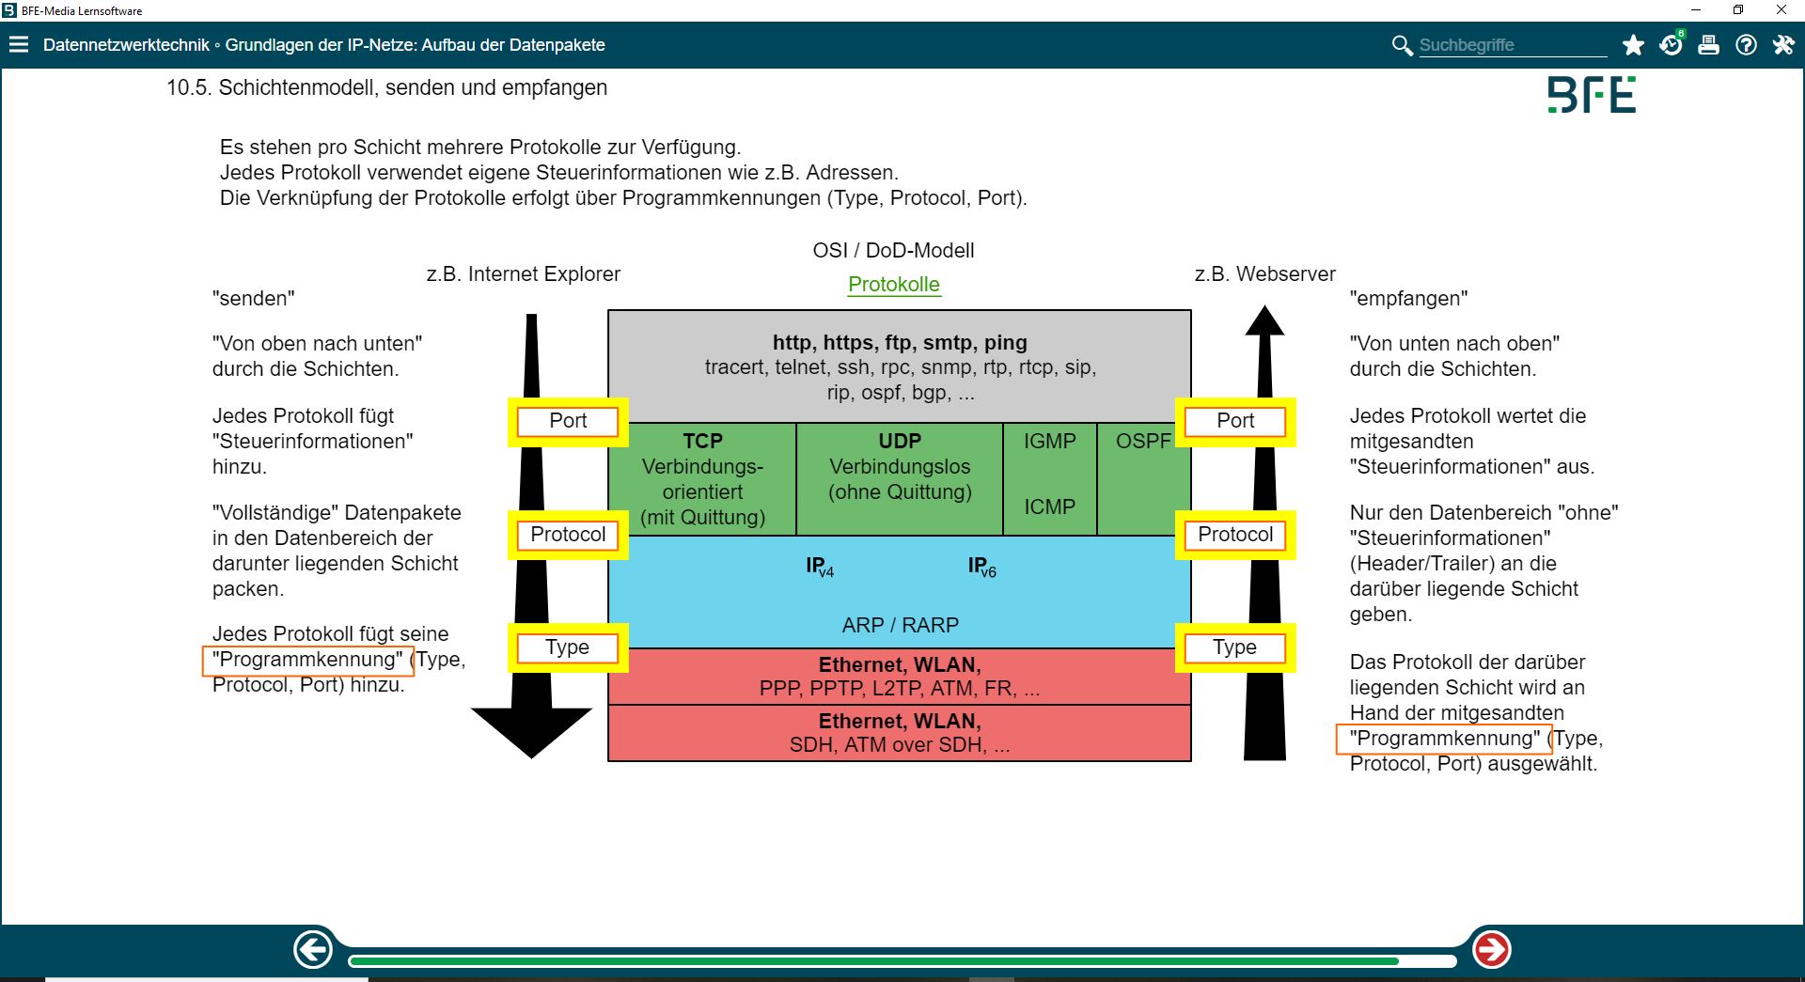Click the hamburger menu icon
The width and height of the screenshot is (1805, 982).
click(x=19, y=45)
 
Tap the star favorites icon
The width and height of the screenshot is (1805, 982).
click(x=1633, y=45)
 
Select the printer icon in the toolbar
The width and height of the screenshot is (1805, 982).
click(x=1708, y=45)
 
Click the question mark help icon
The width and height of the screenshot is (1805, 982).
click(x=1746, y=45)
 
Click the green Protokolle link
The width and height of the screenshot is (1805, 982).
click(x=893, y=285)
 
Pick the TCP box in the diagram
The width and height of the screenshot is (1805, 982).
click(x=702, y=478)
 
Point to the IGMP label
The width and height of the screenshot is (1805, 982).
click(x=1049, y=442)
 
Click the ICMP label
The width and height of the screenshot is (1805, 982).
click(x=1049, y=507)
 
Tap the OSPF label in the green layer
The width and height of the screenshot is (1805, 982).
click(x=1143, y=442)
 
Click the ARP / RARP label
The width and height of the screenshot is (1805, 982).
click(x=900, y=626)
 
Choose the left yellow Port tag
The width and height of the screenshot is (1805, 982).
click(x=568, y=421)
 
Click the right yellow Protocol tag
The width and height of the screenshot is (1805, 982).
click(x=1235, y=535)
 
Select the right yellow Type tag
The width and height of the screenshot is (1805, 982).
click(x=1234, y=647)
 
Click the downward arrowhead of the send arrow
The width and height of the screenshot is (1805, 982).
click(x=531, y=729)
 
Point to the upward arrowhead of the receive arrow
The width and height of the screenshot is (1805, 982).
click(x=1264, y=321)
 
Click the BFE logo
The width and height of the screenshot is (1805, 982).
click(x=1592, y=96)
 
